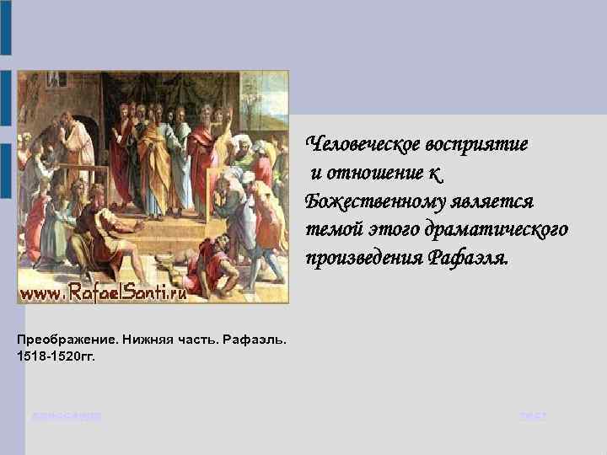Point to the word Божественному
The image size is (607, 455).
377,202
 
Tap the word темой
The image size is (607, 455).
332,231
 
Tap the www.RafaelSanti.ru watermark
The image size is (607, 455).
103,292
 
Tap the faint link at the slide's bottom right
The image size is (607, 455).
533,416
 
